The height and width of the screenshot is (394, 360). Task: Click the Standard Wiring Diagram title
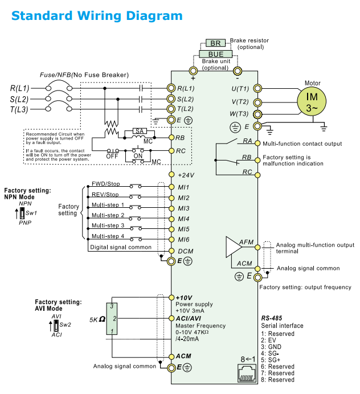click(x=97, y=15)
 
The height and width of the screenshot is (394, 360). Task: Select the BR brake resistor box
click(x=215, y=43)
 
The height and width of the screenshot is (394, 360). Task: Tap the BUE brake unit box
click(x=215, y=54)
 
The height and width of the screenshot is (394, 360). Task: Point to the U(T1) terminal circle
click(x=257, y=88)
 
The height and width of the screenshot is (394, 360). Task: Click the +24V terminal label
click(x=186, y=175)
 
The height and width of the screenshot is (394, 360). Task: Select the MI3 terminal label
click(x=183, y=208)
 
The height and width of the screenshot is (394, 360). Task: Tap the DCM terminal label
click(x=186, y=251)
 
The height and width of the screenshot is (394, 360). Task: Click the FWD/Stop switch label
click(x=105, y=183)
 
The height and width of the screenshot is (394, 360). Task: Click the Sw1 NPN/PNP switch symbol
click(x=21, y=214)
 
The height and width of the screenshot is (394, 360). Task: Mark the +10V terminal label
click(x=185, y=298)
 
